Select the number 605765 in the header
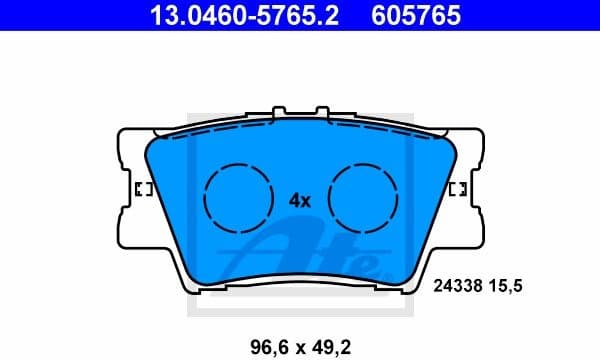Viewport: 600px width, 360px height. pos(423,16)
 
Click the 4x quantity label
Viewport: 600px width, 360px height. pos(300,200)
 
